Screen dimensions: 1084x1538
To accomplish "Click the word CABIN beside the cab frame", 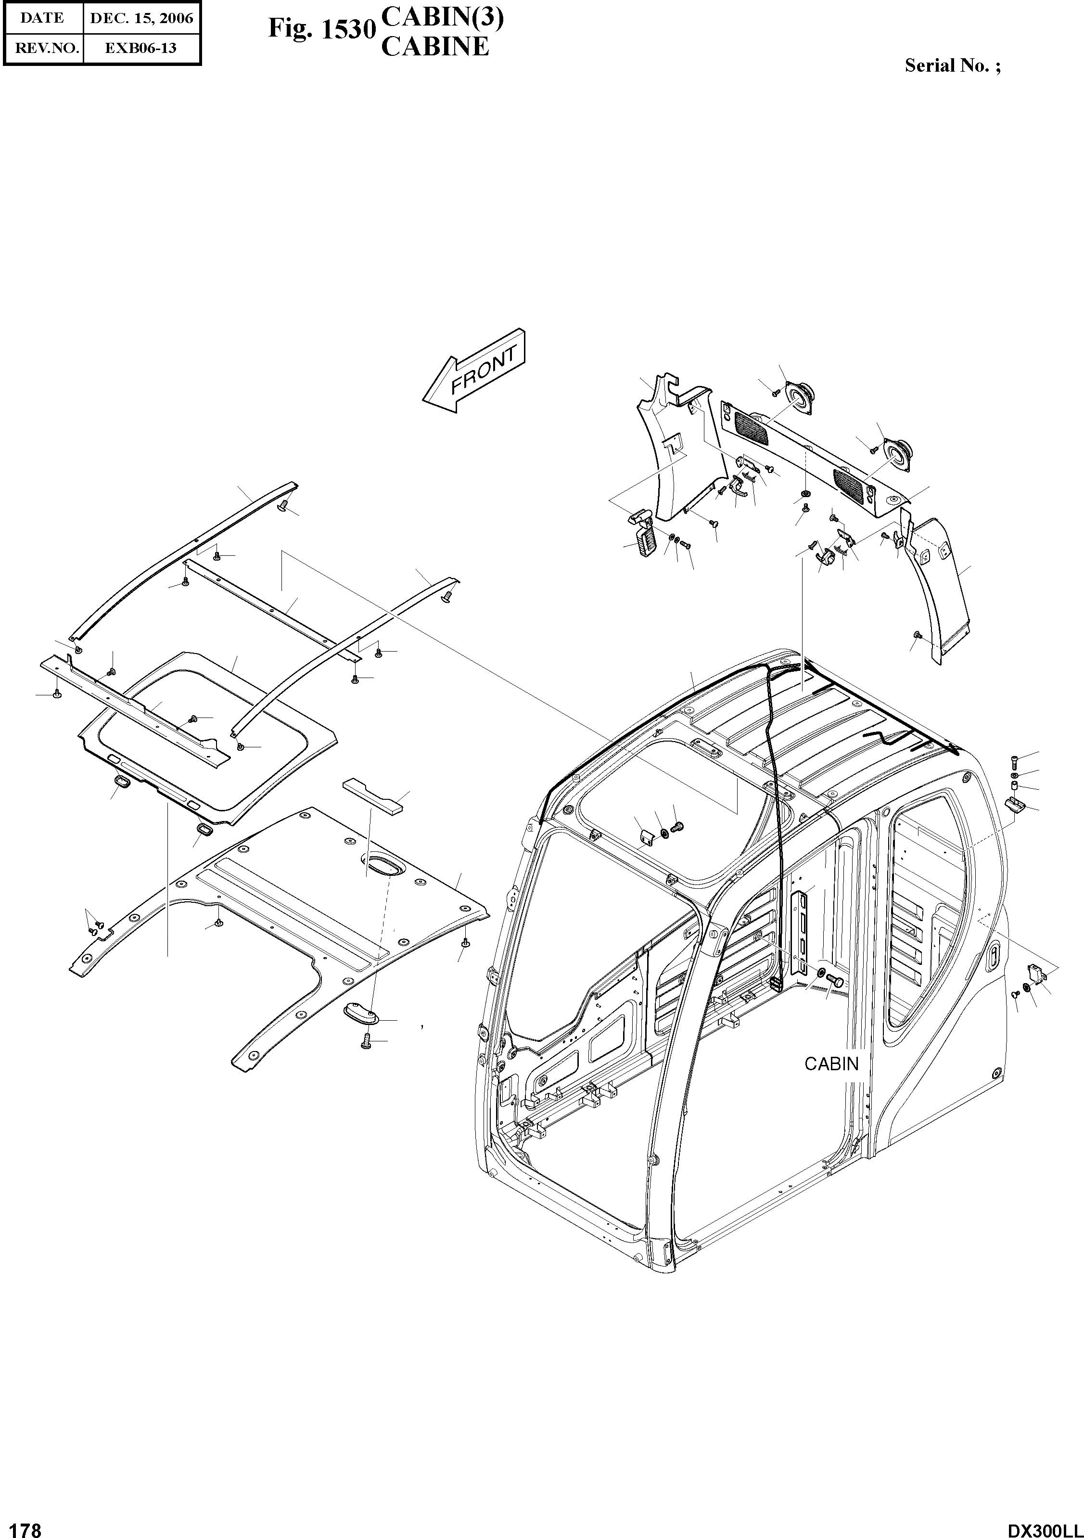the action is pyautogui.click(x=831, y=1064).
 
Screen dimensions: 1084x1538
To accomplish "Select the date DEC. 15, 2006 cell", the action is pyautogui.click(x=141, y=19).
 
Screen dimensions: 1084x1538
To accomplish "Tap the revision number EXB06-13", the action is pyautogui.click(x=141, y=48).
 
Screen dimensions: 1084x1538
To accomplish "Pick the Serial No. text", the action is pyautogui.click(x=952, y=65).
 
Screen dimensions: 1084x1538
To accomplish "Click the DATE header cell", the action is pyautogui.click(x=42, y=19).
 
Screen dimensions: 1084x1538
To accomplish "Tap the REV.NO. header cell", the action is pyautogui.click(x=43, y=48).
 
